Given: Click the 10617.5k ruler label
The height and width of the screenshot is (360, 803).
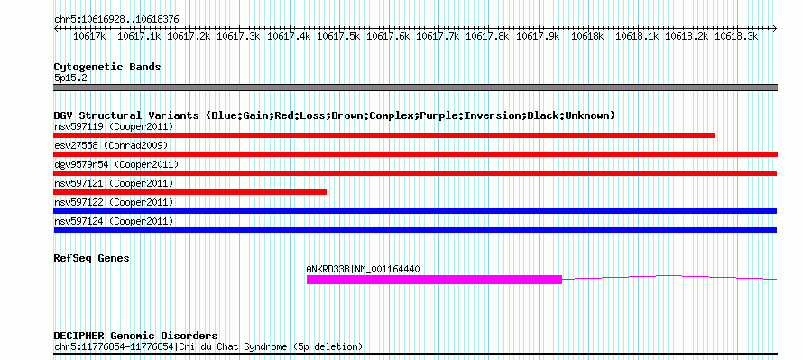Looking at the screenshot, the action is click(338, 36).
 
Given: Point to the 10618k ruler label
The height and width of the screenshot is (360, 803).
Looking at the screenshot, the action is click(586, 36).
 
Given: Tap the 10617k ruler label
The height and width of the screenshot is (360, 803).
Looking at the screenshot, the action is click(89, 36).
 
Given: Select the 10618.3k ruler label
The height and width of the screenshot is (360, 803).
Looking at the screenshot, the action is click(736, 36).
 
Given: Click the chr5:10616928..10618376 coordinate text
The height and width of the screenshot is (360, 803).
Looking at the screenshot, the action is click(116, 20).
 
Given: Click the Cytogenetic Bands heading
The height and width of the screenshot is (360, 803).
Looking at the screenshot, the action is click(107, 67).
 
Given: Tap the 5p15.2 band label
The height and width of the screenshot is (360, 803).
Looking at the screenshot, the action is click(69, 78).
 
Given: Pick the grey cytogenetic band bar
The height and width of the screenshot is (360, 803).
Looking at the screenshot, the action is click(415, 88).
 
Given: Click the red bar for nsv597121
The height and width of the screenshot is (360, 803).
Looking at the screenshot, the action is click(190, 192).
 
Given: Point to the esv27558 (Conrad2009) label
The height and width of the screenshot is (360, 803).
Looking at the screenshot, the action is click(111, 145).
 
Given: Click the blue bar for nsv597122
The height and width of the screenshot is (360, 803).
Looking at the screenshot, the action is click(415, 211).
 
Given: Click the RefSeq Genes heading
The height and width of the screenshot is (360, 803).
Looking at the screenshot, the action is click(92, 259).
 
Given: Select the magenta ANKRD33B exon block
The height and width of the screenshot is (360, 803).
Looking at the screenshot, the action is click(434, 280).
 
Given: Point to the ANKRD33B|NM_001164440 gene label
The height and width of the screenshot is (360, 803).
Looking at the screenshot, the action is click(363, 269).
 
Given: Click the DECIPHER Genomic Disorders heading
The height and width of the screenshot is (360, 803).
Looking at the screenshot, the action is click(135, 337).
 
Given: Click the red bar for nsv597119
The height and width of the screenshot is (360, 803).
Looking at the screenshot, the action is click(384, 135).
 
